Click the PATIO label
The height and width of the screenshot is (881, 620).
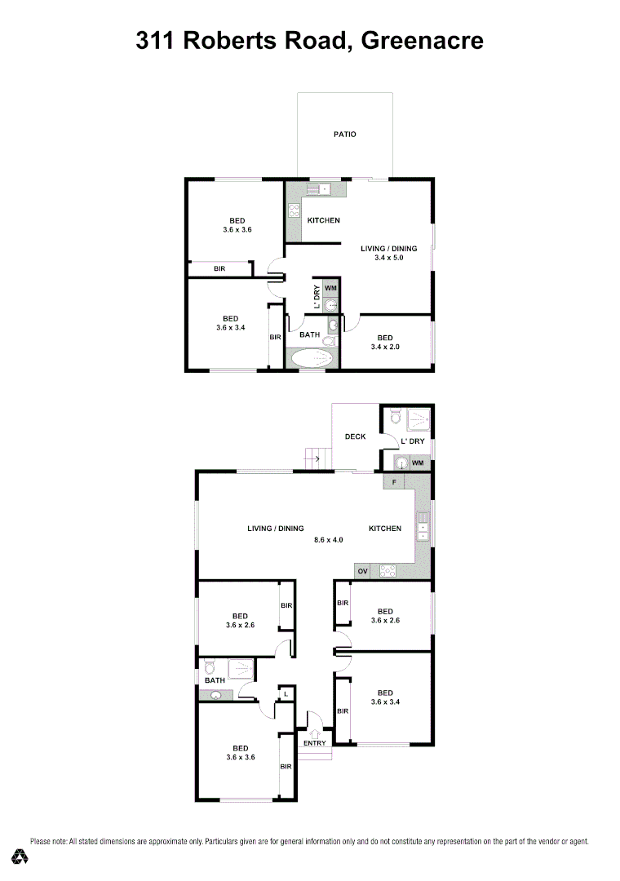click(345, 135)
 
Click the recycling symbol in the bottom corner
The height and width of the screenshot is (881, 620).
click(20, 857)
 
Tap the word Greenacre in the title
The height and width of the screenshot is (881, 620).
click(422, 40)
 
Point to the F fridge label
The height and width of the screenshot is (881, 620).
click(394, 483)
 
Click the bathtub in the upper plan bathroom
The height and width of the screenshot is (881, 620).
click(311, 359)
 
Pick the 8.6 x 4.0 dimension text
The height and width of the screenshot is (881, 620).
click(329, 540)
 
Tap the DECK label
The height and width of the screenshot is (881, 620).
click(355, 436)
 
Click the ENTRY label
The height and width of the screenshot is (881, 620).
click(315, 743)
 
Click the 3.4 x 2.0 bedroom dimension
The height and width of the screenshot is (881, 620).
click(384, 348)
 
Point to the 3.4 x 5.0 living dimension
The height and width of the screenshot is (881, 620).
click(388, 258)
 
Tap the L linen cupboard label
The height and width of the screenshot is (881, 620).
click(284, 694)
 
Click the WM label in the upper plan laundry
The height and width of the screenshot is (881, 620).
click(330, 288)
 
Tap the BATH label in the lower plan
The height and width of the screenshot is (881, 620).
click(215, 680)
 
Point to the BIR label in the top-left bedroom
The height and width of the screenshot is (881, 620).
click(219, 268)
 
